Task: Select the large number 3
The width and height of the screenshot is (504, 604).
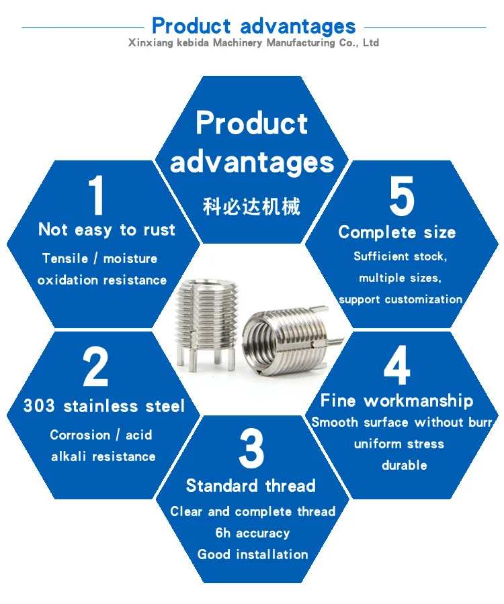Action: pyautogui.click(x=251, y=449)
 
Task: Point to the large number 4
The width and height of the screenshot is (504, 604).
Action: pyautogui.click(x=396, y=367)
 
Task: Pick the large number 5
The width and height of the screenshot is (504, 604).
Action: pyautogui.click(x=402, y=197)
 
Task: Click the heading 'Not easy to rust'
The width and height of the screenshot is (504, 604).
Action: pyautogui.click(x=106, y=230)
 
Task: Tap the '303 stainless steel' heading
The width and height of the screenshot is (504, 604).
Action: pyautogui.click(x=103, y=406)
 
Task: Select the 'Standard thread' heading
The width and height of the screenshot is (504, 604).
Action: pyautogui.click(x=251, y=486)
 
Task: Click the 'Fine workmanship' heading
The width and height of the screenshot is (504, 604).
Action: pyautogui.click(x=396, y=401)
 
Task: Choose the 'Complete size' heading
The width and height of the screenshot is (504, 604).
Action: pyautogui.click(x=396, y=232)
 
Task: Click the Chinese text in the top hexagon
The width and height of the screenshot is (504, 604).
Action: pyautogui.click(x=251, y=206)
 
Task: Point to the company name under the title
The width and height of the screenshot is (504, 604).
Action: pyautogui.click(x=253, y=43)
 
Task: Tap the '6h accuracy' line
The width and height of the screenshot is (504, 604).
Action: pyautogui.click(x=252, y=533)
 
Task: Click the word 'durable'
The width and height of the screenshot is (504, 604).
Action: pyautogui.click(x=404, y=465)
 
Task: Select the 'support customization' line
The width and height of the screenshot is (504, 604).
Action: pyautogui.click(x=401, y=299)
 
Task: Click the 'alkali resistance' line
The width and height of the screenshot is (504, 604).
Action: pyautogui.click(x=103, y=456)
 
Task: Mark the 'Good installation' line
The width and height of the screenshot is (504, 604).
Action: pyautogui.click(x=253, y=554)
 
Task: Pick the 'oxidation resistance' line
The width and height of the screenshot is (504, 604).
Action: pyautogui.click(x=101, y=280)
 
